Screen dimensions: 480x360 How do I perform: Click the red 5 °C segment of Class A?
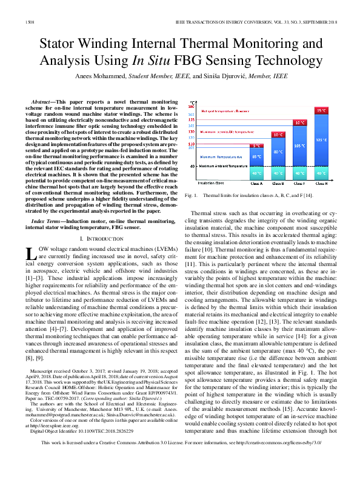pyautogui.click(x=257, y=145)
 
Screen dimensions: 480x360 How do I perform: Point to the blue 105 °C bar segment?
pyautogui.click(x=299, y=146)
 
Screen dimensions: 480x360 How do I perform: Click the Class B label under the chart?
pyautogui.click(x=278, y=182)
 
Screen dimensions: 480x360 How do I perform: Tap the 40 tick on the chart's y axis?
pyautogui.click(x=192, y=166)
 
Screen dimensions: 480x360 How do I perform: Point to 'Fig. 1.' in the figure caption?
pyautogui.click(x=193, y=196)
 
